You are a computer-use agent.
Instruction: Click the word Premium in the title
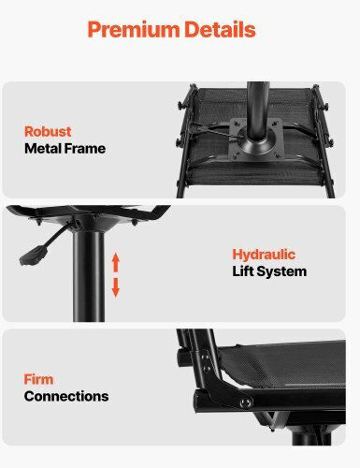click(x=134, y=30)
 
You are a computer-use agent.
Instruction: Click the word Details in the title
click(x=220, y=29)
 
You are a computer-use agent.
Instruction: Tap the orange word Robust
click(x=48, y=131)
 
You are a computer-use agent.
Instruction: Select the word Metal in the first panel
click(x=41, y=149)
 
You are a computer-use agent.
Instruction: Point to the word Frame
click(x=84, y=149)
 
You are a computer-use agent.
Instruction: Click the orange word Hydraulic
click(x=264, y=255)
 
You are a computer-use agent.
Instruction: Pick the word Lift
click(x=243, y=271)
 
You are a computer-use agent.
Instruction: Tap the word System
click(x=281, y=271)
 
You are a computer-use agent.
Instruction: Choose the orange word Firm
click(x=38, y=379)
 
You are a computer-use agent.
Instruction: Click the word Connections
click(x=66, y=396)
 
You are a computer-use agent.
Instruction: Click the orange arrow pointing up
click(x=116, y=262)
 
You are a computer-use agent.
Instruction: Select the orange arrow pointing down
click(x=116, y=287)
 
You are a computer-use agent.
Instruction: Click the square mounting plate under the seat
click(x=256, y=139)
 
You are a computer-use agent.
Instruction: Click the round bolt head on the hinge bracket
click(x=245, y=402)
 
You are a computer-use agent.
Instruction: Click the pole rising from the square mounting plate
click(x=257, y=110)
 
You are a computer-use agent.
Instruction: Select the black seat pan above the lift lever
click(x=88, y=212)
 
